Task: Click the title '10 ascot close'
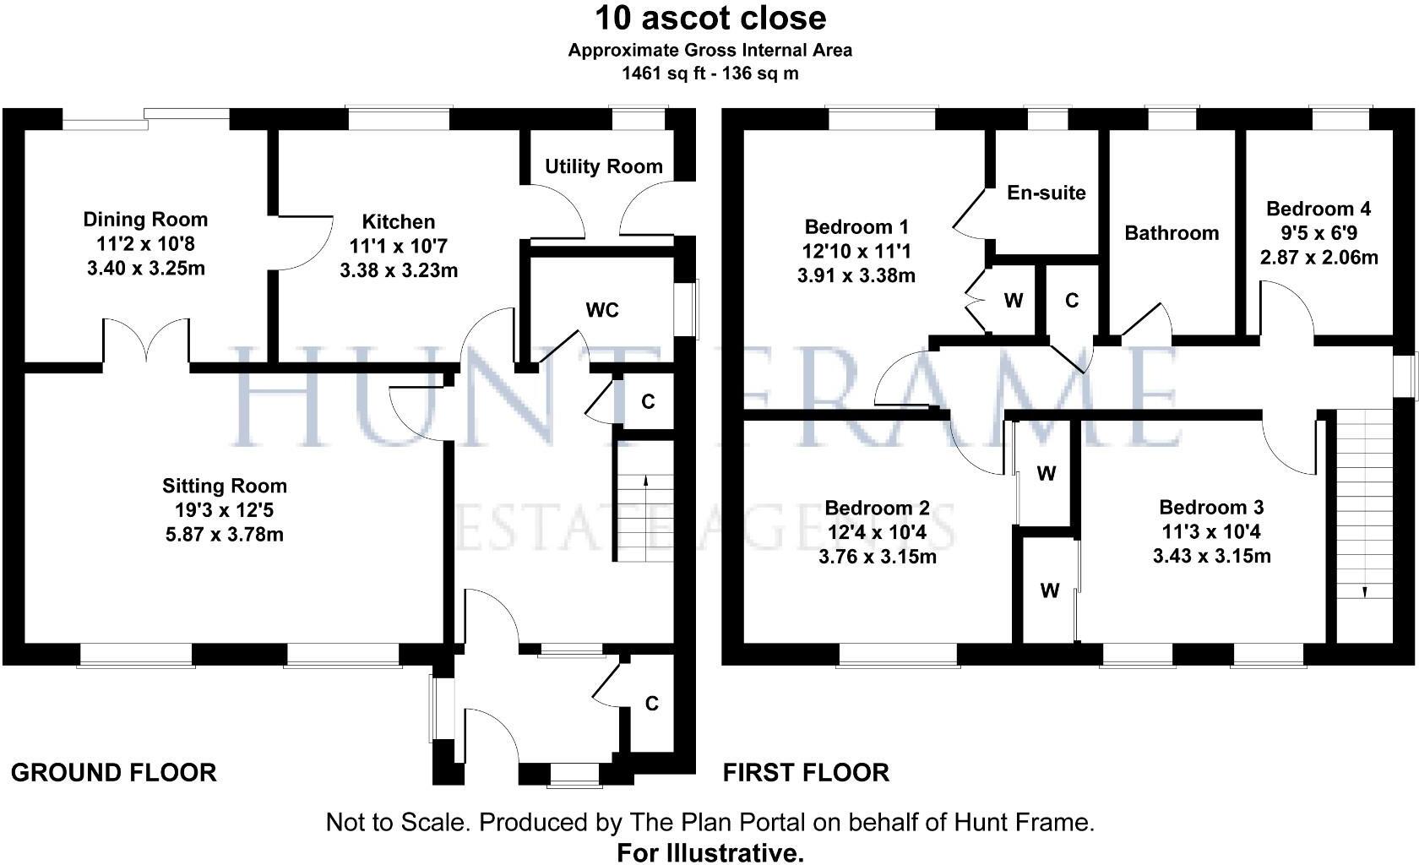point(709,18)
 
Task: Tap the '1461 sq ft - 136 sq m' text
point(709,73)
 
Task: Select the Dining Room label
point(145,220)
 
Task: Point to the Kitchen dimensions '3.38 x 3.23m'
point(399,271)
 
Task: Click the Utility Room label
point(603,166)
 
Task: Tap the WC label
point(602,310)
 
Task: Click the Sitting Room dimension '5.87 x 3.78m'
point(225,535)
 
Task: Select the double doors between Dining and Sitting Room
point(146,341)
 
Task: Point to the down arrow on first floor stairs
point(1363,591)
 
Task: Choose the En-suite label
point(1046,193)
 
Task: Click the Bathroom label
point(1172,233)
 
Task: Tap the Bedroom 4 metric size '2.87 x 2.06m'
point(1318,258)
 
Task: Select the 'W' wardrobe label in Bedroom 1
point(1014,300)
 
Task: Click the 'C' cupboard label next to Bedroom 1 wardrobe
point(1072,300)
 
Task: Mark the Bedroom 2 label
point(877,508)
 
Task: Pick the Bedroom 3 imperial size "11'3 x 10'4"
point(1211,532)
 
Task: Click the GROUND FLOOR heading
point(113,772)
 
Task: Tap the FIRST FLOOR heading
point(806,772)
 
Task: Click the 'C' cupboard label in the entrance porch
point(651,703)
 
